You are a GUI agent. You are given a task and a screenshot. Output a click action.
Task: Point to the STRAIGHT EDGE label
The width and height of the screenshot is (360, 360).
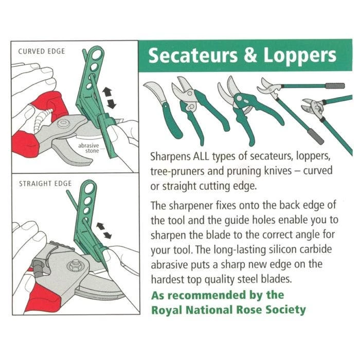45,183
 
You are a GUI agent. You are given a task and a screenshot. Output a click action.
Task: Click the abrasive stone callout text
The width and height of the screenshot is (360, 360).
88,149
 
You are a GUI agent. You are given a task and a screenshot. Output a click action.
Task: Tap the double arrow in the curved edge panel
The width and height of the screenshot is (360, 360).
109,98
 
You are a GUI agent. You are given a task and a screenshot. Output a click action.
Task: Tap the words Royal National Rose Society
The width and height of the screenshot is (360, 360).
228,310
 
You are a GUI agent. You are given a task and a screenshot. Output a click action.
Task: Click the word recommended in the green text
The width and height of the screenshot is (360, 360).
205,295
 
